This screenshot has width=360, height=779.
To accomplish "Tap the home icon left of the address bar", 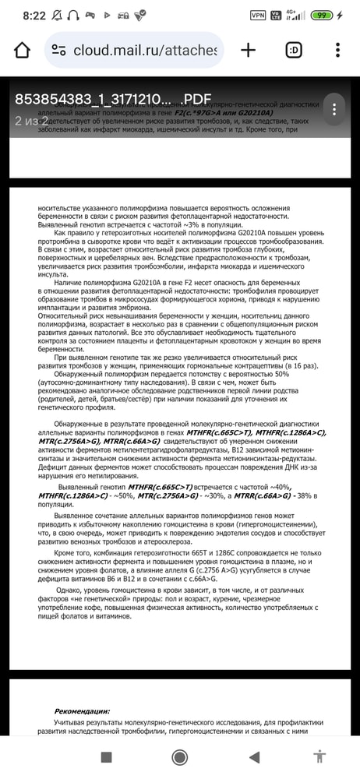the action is point(22,51).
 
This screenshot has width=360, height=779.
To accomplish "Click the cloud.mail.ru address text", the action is point(145,51).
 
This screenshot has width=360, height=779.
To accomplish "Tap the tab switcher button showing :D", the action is point(295,51).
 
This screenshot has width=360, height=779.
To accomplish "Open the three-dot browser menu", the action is point(337,51).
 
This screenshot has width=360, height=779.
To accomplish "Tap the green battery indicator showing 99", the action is point(342,15).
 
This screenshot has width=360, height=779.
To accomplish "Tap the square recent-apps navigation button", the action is point(107,756).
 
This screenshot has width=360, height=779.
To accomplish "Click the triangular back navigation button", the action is point(253,756).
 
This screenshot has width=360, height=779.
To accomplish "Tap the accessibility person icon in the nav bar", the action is point(319,756).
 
